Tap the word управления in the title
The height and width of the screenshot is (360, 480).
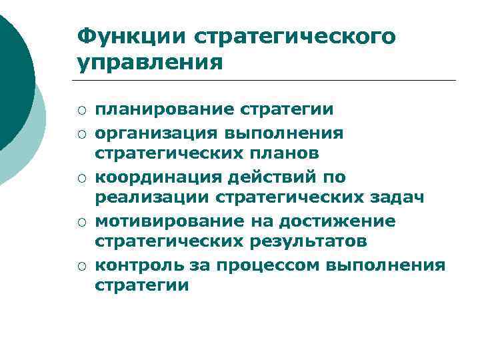[x=149, y=64]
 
